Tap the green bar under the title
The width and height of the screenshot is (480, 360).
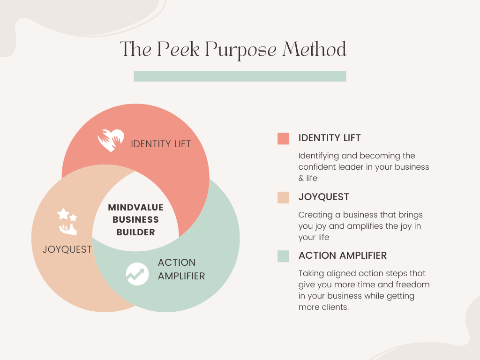[240, 76]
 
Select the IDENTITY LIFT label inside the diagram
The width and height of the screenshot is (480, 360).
[161, 144]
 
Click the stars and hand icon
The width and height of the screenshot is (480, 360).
[67, 221]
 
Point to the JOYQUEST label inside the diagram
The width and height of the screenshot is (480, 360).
[67, 249]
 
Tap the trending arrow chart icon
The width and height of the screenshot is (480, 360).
[137, 273]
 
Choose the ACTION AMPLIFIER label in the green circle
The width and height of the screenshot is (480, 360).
[181, 269]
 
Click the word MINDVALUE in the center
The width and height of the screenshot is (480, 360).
[135, 207]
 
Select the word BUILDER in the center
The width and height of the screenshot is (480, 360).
[135, 232]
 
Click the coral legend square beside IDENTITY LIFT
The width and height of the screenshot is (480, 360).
[283, 138]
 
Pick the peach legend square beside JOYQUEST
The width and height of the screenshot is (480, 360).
[283, 197]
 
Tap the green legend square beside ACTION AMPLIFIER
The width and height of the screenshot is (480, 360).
[283, 256]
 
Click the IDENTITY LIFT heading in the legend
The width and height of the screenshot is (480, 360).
[330, 138]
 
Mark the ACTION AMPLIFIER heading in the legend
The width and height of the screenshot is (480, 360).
[343, 255]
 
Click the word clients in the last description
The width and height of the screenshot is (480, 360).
[333, 307]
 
